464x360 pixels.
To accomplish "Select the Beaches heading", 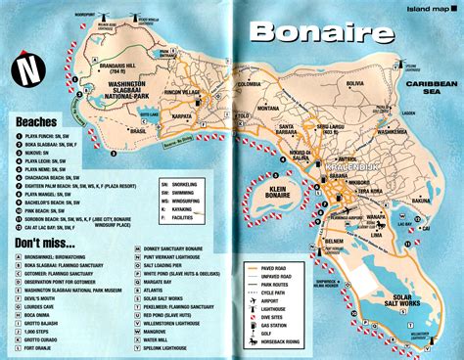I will (x=38, y=121).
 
